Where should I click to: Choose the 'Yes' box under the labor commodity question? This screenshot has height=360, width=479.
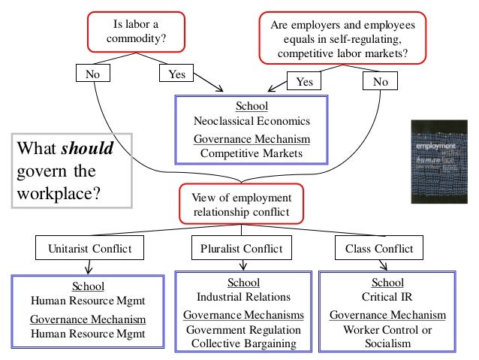coord(176,74)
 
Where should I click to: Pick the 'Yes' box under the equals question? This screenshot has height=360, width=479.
coord(304,81)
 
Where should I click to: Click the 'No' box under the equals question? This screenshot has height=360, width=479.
coord(381,81)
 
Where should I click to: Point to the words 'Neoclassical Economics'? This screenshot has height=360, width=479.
coord(252,120)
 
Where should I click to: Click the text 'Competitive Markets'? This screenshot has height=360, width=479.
coord(252,153)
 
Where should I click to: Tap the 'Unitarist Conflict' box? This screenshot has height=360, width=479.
coord(89,247)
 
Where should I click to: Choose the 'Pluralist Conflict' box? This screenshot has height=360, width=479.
coord(242,247)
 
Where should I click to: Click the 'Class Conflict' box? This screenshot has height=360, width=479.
coord(378,247)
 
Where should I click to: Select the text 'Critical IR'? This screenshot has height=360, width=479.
coord(387,297)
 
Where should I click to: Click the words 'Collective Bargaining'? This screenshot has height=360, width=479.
coord(242,343)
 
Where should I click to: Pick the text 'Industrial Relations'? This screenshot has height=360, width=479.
coord(242,297)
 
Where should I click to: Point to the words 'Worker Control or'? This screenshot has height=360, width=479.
coord(387,330)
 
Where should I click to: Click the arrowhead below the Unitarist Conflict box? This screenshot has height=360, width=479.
coord(89,269)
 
